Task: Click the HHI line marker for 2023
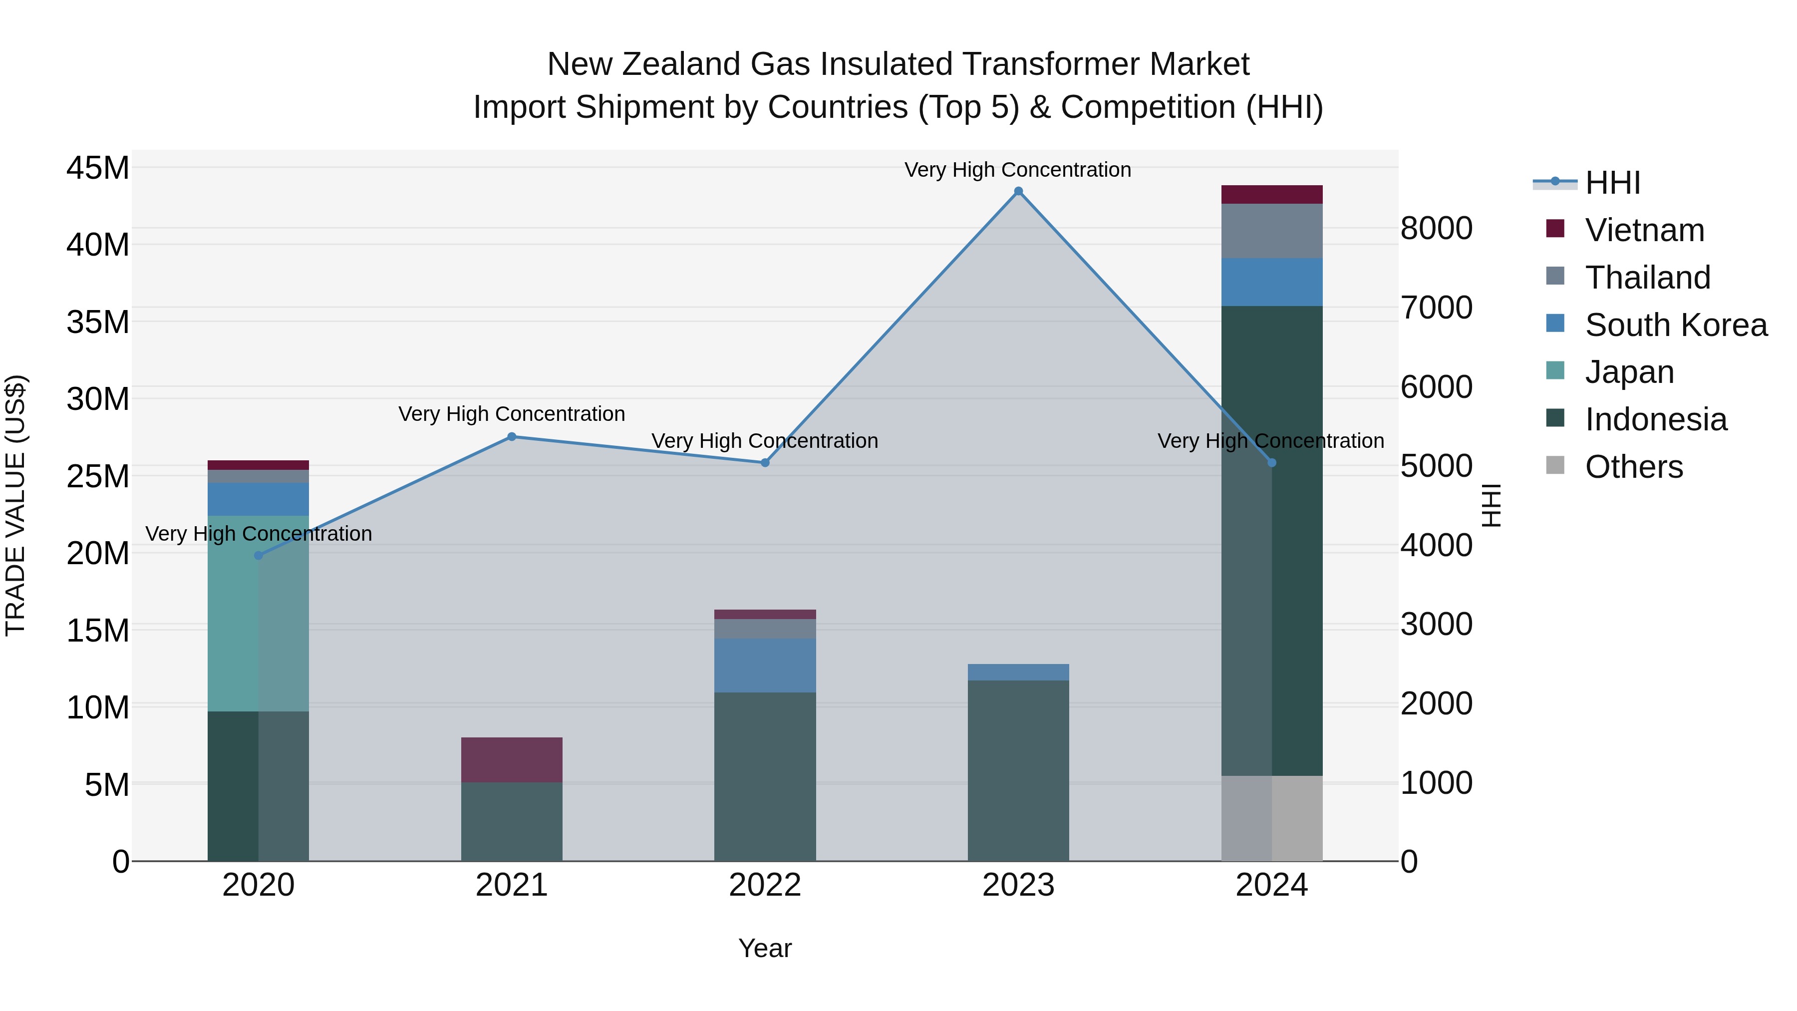tap(1018, 191)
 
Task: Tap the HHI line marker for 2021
tap(511, 437)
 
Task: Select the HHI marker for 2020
tap(258, 555)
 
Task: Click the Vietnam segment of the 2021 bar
tap(511, 759)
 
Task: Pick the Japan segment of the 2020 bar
tap(258, 614)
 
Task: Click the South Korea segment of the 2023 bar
tap(1018, 672)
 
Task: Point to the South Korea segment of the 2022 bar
tap(765, 665)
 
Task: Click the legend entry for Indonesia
tap(1655, 419)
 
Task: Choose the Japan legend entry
tap(1628, 372)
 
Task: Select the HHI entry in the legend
tap(1611, 183)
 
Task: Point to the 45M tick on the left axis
tap(98, 168)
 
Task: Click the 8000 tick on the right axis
tap(1436, 228)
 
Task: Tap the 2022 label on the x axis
tap(765, 885)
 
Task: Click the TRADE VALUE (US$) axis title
tap(15, 505)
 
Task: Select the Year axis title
tap(765, 948)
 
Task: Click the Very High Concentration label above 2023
tap(1017, 170)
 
